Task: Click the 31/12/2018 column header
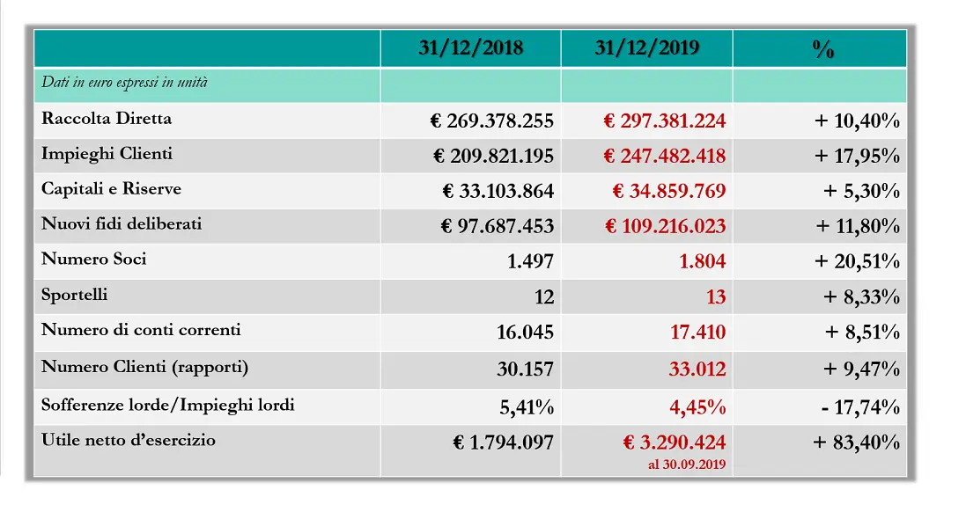[x=471, y=48]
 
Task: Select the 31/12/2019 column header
[x=647, y=48]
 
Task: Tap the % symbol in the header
[x=823, y=48]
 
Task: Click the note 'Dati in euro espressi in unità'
[x=124, y=83]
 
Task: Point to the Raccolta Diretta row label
[x=107, y=118]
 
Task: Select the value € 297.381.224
[x=664, y=121]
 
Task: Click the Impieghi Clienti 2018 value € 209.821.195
[x=493, y=156]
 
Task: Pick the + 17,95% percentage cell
[x=856, y=156]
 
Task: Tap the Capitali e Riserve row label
[x=112, y=188]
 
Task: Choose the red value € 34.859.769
[x=669, y=191]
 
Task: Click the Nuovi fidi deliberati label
[x=122, y=223]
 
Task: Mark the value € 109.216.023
[x=666, y=226]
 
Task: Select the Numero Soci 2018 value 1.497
[x=530, y=261]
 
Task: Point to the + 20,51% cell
[x=856, y=261]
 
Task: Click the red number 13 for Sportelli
[x=716, y=296]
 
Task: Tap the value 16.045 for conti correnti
[x=526, y=333]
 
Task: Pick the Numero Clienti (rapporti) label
[x=144, y=367]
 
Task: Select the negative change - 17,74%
[x=860, y=406]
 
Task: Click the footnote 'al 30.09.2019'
[x=687, y=464]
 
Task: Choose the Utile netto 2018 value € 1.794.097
[x=503, y=442]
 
